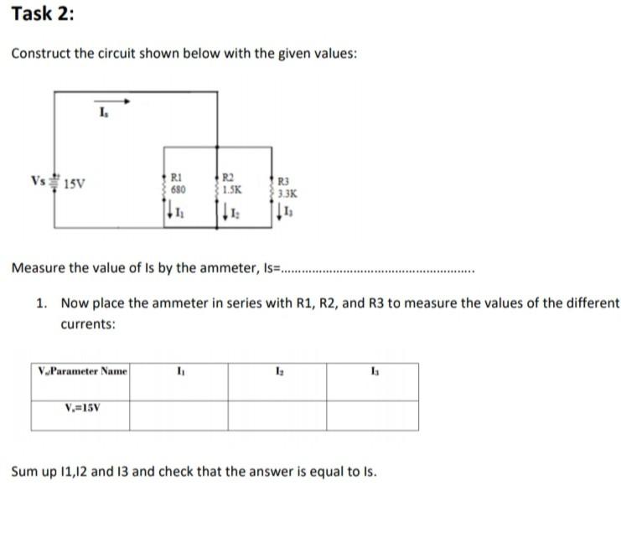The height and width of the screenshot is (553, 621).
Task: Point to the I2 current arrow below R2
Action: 222,214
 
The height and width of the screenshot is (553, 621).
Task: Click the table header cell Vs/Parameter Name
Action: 81,370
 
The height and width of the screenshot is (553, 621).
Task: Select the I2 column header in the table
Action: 277,370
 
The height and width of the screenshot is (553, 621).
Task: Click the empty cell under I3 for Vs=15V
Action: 372,415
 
